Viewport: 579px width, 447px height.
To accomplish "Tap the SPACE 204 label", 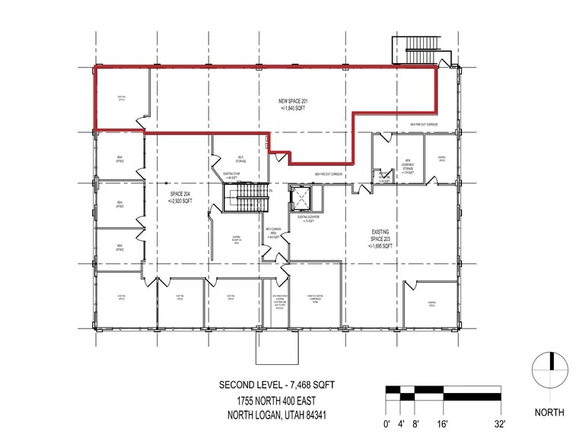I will coord(180,198).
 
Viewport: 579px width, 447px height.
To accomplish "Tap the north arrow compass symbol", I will coord(549,370).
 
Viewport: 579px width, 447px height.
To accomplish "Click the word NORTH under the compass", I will coord(549,412).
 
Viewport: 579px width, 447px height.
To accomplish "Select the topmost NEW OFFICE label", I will coord(120,160).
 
